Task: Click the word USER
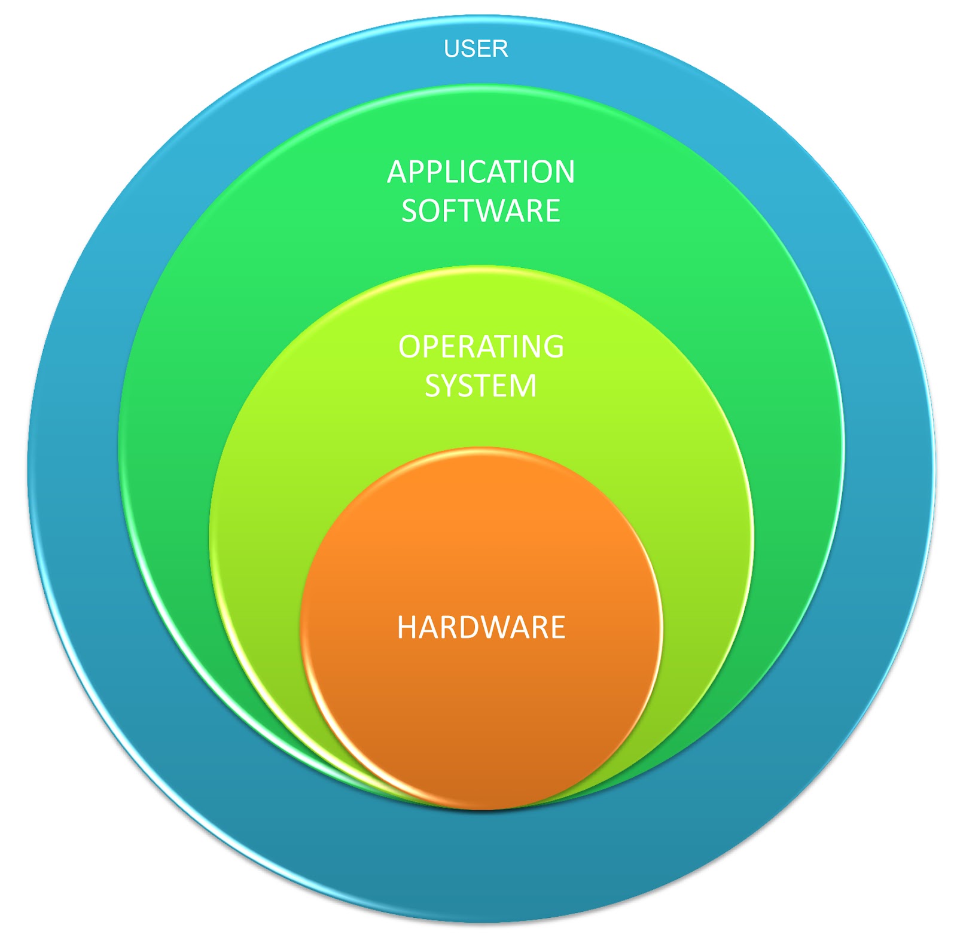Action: (x=476, y=48)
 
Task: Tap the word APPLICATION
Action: (x=481, y=172)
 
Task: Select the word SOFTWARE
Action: (x=481, y=210)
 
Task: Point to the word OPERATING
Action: (x=481, y=347)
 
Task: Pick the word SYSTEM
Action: (x=481, y=386)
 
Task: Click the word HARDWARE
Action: (x=481, y=627)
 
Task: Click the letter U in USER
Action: (x=452, y=48)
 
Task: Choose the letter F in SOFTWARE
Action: (x=447, y=210)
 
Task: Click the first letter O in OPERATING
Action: (x=410, y=347)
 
